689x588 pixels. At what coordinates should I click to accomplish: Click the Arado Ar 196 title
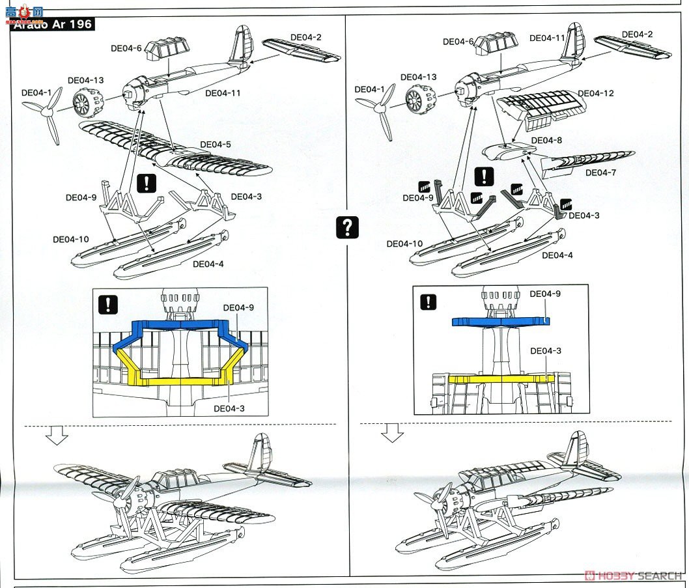(52, 25)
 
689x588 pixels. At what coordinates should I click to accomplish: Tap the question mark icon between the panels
(348, 227)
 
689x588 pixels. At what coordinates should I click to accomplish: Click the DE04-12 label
(595, 93)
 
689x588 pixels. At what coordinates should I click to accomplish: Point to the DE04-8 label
(546, 140)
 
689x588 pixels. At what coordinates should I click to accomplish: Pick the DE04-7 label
(604, 173)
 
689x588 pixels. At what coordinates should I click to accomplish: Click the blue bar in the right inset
(500, 320)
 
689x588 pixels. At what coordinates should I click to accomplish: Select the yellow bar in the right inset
(501, 378)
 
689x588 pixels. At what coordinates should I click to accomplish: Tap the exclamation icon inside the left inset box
(107, 303)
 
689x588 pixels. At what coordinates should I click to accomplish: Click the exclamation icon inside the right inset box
(428, 301)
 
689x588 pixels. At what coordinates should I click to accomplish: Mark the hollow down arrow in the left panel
(59, 436)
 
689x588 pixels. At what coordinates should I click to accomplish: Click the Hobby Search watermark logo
(634, 576)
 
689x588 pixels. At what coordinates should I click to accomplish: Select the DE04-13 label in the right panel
(422, 77)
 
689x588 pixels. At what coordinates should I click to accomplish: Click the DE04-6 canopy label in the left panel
(125, 48)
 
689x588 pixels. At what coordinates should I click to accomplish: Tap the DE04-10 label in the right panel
(404, 244)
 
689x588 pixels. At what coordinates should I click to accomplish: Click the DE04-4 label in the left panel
(208, 264)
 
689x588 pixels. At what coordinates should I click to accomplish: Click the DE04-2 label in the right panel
(637, 34)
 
